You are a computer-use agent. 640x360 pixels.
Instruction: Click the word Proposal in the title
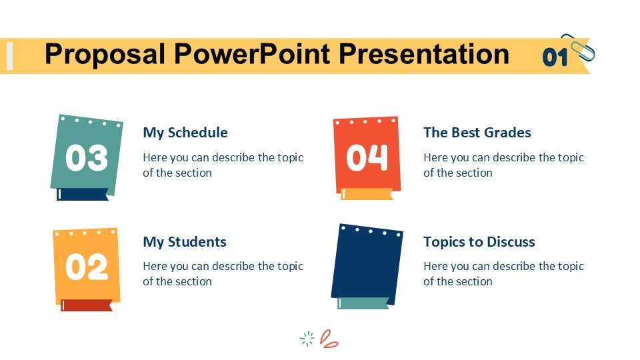105,55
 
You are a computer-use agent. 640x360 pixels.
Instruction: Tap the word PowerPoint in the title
252,53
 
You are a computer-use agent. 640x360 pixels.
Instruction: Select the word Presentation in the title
424,53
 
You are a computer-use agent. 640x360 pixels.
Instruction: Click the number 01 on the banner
555,57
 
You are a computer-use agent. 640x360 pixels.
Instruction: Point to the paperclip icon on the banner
579,47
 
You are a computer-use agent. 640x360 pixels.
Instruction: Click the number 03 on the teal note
87,157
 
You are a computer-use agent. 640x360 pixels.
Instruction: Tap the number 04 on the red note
367,157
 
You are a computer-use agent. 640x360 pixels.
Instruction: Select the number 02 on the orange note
87,267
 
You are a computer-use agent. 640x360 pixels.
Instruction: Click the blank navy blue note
367,264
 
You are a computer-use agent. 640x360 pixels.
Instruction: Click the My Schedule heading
185,133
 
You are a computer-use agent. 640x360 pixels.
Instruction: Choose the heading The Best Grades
477,133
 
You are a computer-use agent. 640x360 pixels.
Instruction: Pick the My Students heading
185,242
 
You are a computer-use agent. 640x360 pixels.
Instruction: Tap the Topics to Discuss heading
479,242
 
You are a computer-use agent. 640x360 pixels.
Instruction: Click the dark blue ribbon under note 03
83,194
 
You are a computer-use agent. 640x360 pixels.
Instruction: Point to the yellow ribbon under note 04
367,194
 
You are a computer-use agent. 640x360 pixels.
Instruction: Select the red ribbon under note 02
87,305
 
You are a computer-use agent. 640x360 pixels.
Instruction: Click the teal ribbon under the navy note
363,303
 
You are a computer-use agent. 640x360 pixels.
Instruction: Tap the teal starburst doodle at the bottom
307,339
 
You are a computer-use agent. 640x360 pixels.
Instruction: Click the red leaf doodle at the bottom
329,339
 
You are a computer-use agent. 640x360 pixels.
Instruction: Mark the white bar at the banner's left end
10,56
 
